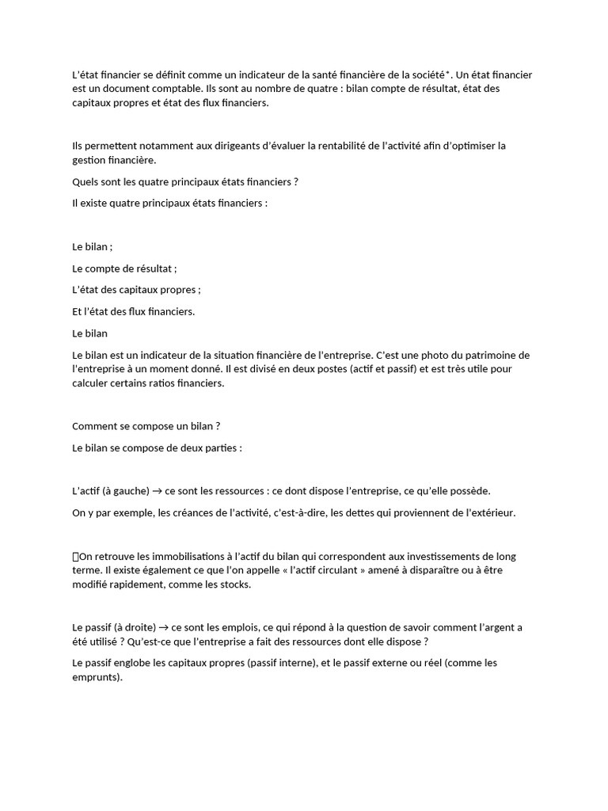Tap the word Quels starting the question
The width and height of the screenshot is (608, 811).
tap(85, 182)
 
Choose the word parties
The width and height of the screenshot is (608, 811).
tap(222, 448)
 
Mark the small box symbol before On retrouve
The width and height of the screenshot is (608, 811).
tap(75, 557)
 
